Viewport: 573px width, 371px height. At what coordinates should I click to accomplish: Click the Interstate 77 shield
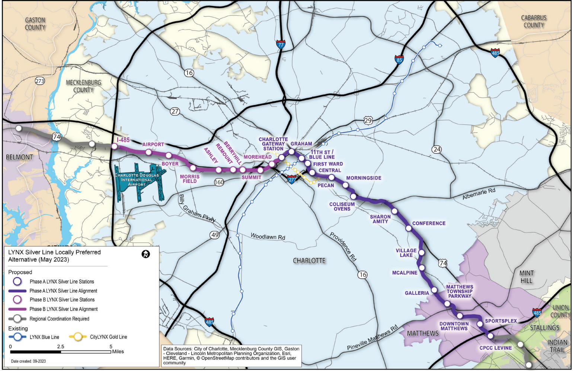[281, 45]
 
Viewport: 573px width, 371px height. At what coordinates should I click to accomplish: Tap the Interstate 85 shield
[399, 59]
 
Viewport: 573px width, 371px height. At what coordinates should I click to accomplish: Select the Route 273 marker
[39, 81]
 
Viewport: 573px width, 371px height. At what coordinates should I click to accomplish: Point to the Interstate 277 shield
[292, 179]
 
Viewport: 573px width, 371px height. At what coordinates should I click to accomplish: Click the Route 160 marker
[219, 182]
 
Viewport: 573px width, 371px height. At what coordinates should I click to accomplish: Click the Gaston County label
[35, 24]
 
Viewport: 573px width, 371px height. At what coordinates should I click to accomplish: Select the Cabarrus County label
[534, 22]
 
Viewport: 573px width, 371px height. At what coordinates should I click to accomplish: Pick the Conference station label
[429, 223]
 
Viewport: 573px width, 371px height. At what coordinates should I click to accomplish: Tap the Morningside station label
[364, 178]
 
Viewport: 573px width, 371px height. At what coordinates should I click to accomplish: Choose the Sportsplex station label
[501, 321]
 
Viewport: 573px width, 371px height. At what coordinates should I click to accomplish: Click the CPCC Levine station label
[495, 348]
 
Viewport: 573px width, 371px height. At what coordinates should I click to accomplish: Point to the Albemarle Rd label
[479, 194]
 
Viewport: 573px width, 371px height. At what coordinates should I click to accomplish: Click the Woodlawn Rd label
[268, 237]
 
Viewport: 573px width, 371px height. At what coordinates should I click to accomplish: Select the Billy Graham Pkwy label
[197, 209]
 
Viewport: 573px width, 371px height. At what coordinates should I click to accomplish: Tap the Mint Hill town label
[526, 277]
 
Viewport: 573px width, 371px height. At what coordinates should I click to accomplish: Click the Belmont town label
[19, 157]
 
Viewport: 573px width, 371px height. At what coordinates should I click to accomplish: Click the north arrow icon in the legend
[146, 254]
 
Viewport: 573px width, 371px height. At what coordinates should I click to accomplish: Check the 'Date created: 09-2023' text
[28, 361]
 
